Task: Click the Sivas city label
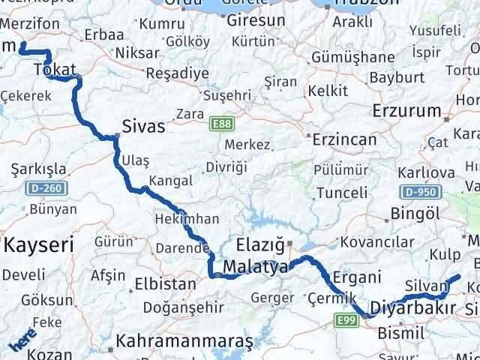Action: [x=144, y=125]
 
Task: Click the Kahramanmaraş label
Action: [x=184, y=341]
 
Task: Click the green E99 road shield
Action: [x=346, y=321]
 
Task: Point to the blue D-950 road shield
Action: [x=419, y=192]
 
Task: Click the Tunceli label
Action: [x=342, y=193]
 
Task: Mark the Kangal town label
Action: [x=171, y=181]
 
